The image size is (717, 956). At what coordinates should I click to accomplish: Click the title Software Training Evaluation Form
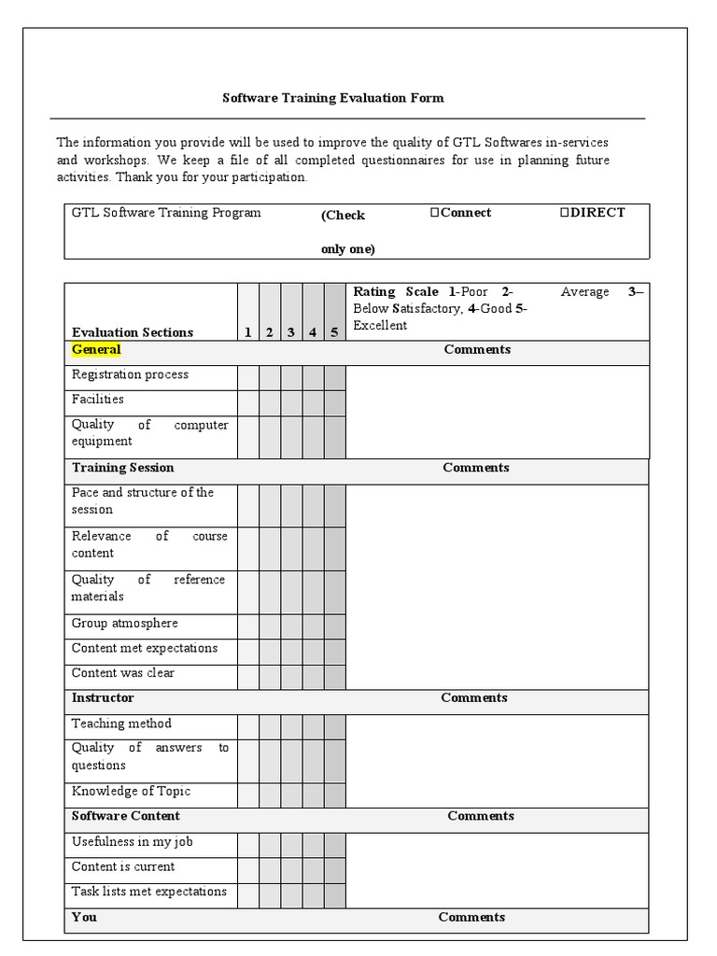pyautogui.click(x=332, y=97)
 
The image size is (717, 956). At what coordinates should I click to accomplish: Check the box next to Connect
pyautogui.click(x=435, y=213)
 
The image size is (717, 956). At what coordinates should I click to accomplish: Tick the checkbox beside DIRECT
pyautogui.click(x=565, y=213)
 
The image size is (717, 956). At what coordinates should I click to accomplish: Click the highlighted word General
pyautogui.click(x=96, y=350)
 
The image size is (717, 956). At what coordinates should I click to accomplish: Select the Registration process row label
pyautogui.click(x=130, y=374)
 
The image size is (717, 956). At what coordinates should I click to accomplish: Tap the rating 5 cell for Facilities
pyautogui.click(x=334, y=402)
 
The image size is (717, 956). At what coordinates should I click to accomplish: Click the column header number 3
pyautogui.click(x=291, y=332)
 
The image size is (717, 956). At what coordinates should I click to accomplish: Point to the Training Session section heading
pyautogui.click(x=122, y=468)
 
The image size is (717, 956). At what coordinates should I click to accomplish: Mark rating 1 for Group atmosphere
pyautogui.click(x=247, y=626)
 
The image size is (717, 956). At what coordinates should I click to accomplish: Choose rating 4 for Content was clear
pyautogui.click(x=313, y=677)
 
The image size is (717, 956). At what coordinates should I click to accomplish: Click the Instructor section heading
pyautogui.click(x=103, y=698)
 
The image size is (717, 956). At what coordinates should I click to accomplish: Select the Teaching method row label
pyautogui.click(x=121, y=724)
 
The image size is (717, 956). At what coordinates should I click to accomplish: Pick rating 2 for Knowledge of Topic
pyautogui.click(x=270, y=794)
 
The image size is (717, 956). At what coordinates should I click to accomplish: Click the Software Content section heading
pyautogui.click(x=126, y=816)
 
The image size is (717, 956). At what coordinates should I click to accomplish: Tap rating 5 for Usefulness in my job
pyautogui.click(x=334, y=845)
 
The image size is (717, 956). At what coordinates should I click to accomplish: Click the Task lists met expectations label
pyautogui.click(x=149, y=892)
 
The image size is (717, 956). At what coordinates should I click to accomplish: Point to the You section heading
pyautogui.click(x=84, y=918)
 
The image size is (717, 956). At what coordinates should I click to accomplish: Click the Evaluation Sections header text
pyautogui.click(x=133, y=332)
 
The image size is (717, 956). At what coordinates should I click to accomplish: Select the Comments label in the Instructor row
pyautogui.click(x=474, y=698)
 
